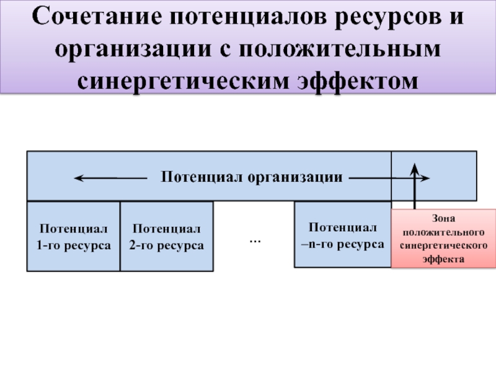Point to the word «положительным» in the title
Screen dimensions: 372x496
pyautogui.click(x=348, y=50)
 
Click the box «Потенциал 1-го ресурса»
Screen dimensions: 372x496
pyautogui.click(x=73, y=236)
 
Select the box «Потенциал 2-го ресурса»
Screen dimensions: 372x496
pyautogui.click(x=166, y=236)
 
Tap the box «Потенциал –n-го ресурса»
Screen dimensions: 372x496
pyautogui.click(x=342, y=234)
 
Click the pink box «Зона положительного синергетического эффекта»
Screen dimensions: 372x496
pyautogui.click(x=443, y=238)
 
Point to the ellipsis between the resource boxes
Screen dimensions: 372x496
pyautogui.click(x=254, y=239)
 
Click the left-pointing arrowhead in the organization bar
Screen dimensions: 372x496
pyautogui.click(x=79, y=178)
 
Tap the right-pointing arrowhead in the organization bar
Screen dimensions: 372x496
pyautogui.click(x=425, y=178)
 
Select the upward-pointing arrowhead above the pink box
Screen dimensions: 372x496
pyautogui.click(x=415, y=166)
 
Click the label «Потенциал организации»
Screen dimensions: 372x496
pyautogui.click(x=252, y=177)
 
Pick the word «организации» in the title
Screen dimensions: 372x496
pyautogui.click(x=133, y=50)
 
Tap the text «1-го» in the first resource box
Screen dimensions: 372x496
pyautogui.click(x=49, y=246)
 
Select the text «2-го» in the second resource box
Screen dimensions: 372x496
pyautogui.click(x=141, y=246)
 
